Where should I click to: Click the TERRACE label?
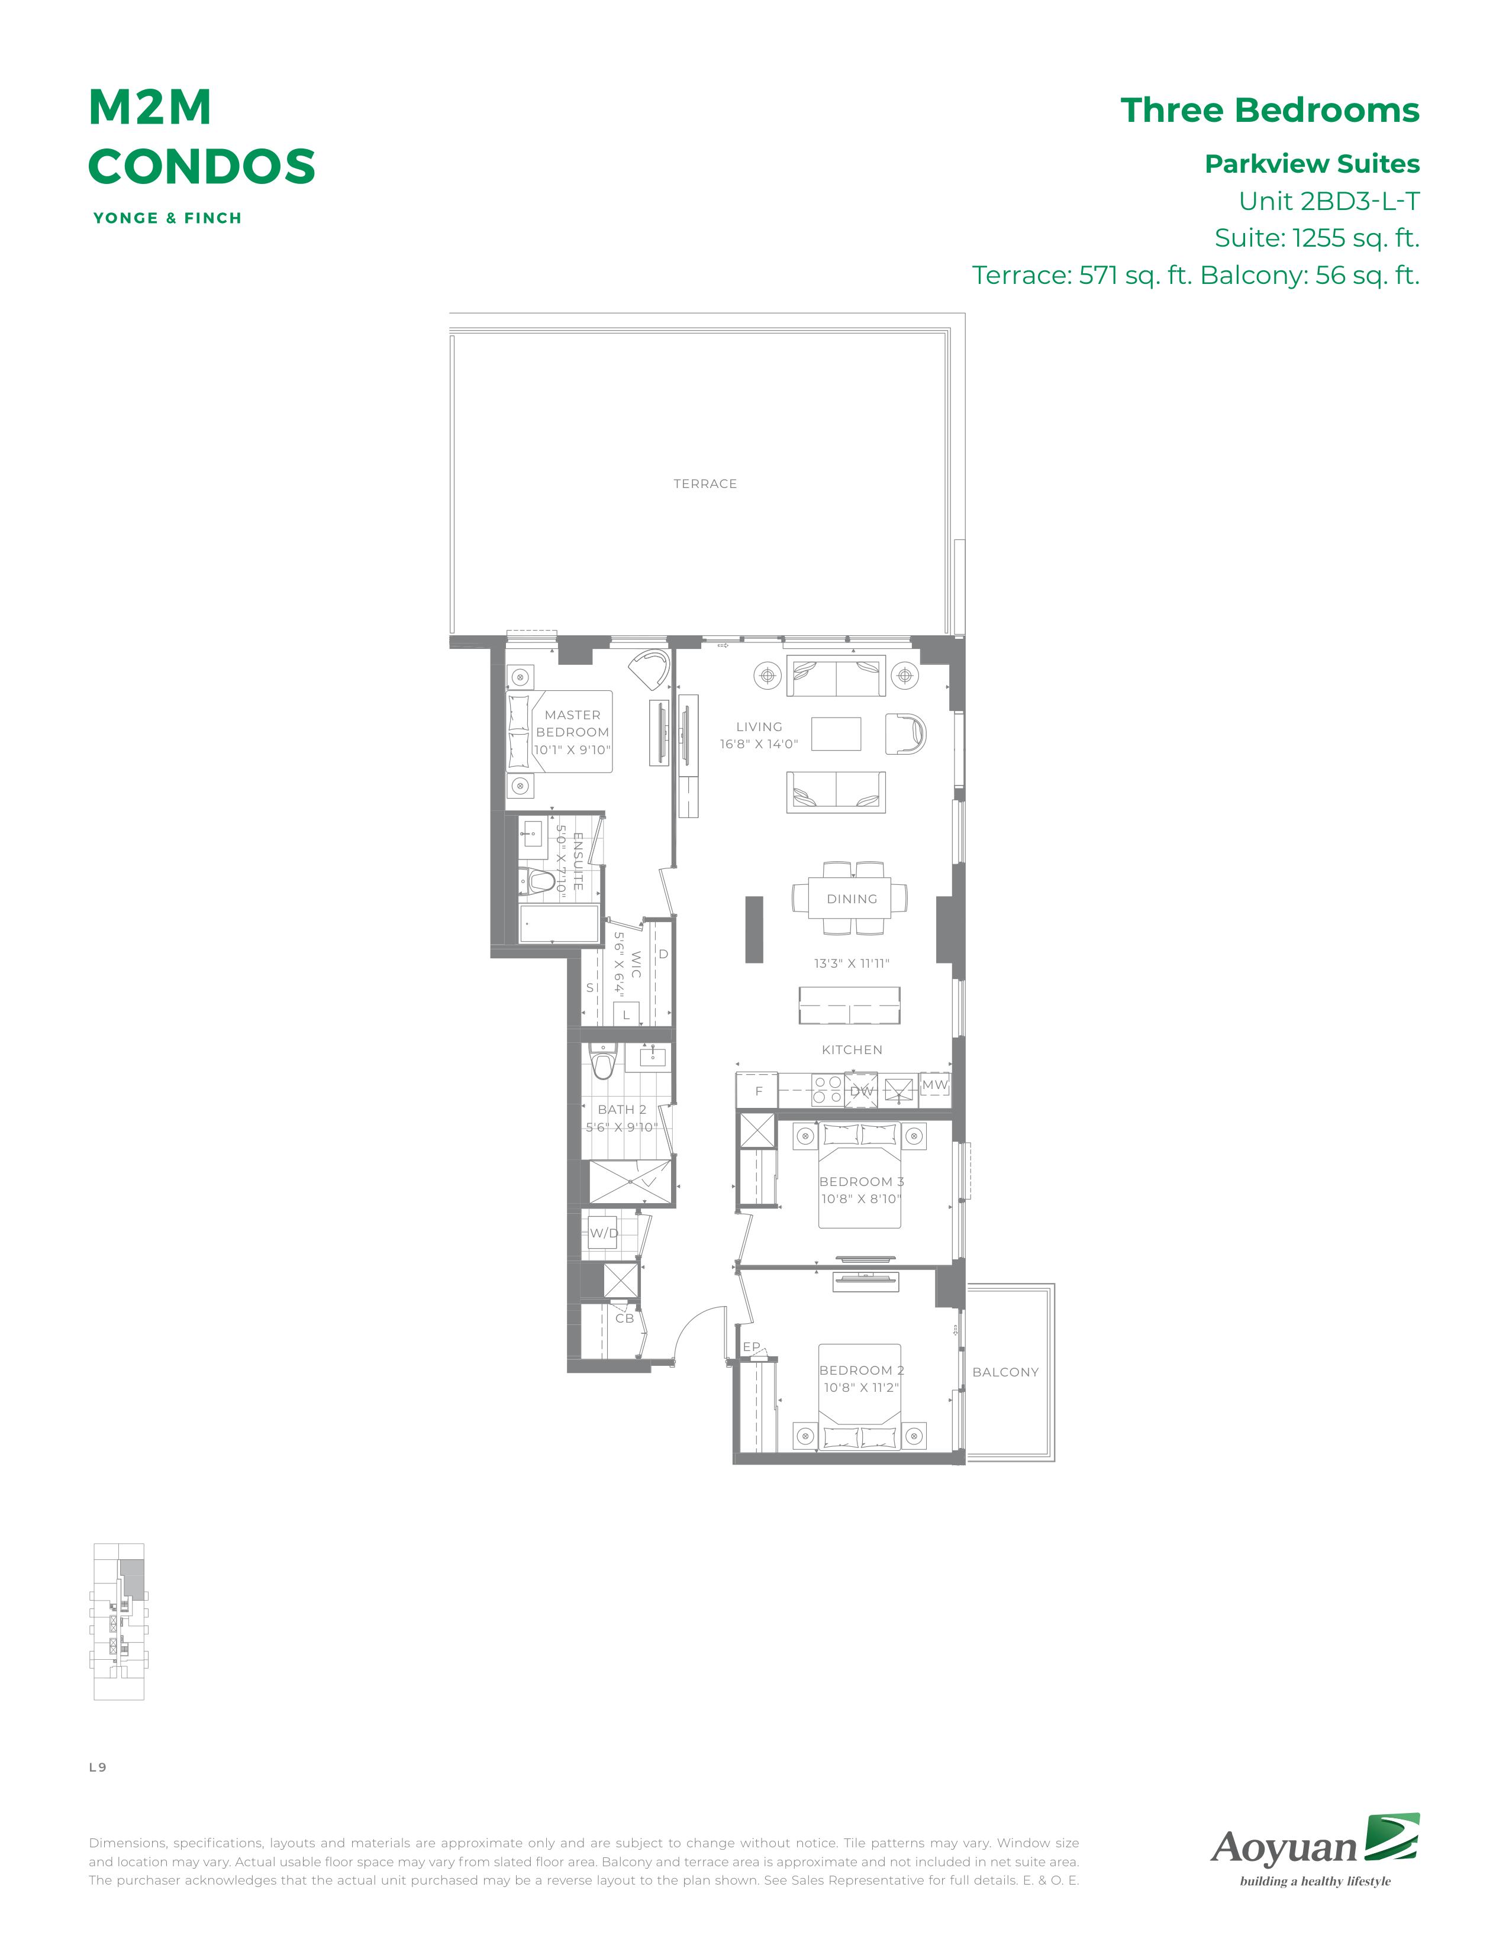tap(704, 483)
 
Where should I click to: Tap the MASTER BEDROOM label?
tap(572, 723)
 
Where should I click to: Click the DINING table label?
tap(851, 899)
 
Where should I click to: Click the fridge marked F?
tap(758, 1090)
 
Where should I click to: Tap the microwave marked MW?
tap(934, 1085)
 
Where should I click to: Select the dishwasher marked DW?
tap(861, 1090)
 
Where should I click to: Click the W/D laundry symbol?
tap(604, 1233)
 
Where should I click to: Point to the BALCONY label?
tap(1005, 1372)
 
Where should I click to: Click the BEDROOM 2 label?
tap(862, 1370)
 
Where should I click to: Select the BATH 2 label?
tap(621, 1109)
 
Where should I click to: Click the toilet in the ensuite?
tap(539, 881)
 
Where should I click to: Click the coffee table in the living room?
tap(836, 734)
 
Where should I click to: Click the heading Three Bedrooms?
tap(1269, 110)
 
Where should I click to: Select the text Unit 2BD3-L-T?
tap(1329, 201)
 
